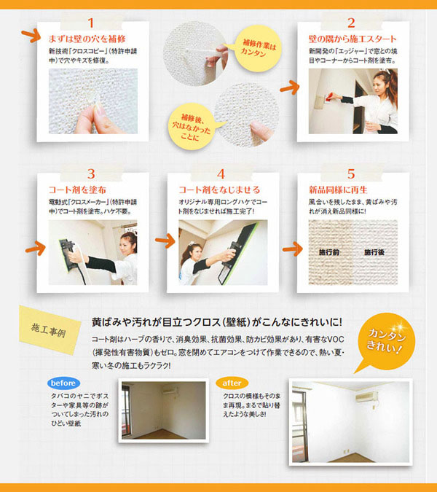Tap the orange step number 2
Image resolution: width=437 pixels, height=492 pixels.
pos(351,23)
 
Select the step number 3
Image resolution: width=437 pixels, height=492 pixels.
pos(91,174)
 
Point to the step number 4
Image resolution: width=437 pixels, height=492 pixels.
pos(221,174)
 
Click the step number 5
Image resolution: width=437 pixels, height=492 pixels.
pos(351,174)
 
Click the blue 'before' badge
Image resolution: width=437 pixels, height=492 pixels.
pos(63,381)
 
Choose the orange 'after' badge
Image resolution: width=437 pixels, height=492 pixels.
pos(232,381)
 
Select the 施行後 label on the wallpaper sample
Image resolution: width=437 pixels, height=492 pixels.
pos(374,252)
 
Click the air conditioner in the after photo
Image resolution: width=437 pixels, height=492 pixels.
pos(365,397)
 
